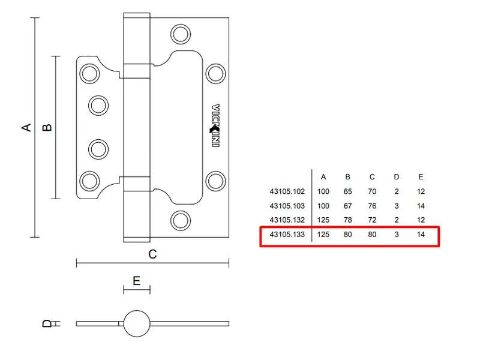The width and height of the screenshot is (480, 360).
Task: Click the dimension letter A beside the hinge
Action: tap(26, 127)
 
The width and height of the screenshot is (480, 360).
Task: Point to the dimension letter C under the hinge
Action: tap(152, 254)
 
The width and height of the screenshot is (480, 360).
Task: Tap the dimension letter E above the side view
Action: tap(136, 281)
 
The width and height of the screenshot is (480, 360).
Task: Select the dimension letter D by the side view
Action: tap(47, 324)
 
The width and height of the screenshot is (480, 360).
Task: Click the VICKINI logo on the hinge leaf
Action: tap(215, 126)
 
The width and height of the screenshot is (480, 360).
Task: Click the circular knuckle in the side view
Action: tap(136, 323)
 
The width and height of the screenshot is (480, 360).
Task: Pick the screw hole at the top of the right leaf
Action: tap(180, 34)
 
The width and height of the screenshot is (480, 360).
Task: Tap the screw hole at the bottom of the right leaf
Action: tap(180, 220)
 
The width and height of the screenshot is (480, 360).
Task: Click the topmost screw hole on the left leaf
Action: tap(89, 74)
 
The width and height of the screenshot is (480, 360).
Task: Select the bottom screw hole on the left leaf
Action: tap(89, 180)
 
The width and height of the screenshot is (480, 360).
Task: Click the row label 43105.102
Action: tap(287, 192)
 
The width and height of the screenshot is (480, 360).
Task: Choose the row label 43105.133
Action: tap(287, 235)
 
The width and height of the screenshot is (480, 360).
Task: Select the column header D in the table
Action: tap(396, 177)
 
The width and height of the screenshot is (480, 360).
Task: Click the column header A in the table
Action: tap(323, 177)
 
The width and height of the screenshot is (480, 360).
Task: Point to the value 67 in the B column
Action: tap(347, 206)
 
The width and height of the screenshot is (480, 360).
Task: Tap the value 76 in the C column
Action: tap(372, 206)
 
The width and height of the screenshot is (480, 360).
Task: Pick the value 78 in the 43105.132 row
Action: tap(347, 220)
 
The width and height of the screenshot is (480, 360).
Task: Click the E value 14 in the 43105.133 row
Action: tap(421, 235)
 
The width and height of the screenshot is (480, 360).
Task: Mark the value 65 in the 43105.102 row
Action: tap(347, 192)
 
